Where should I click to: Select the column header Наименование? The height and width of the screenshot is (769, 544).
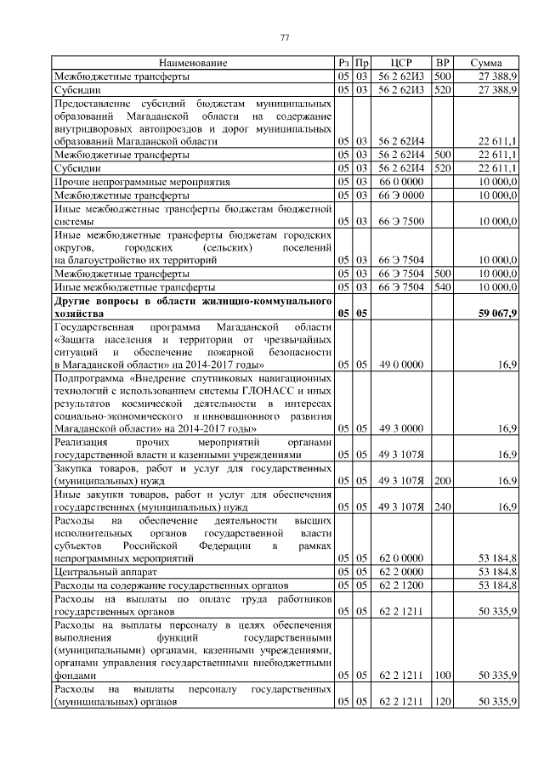193,64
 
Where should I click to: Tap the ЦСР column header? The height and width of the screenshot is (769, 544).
401,64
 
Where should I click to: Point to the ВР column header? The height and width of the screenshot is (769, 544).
442,64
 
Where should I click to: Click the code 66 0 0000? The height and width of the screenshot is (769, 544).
401,182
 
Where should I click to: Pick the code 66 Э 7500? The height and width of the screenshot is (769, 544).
401,222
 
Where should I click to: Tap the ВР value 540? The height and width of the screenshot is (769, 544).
442,288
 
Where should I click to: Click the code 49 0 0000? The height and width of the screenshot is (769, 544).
401,365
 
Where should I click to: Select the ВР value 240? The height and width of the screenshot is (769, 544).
442,507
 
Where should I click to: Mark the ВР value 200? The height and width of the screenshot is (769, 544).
442,481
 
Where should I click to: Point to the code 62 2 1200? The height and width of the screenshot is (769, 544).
401,586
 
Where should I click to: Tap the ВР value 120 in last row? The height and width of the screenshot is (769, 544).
442,703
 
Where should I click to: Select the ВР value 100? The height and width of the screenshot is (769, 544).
442,676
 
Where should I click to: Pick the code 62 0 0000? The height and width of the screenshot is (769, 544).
401,559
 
